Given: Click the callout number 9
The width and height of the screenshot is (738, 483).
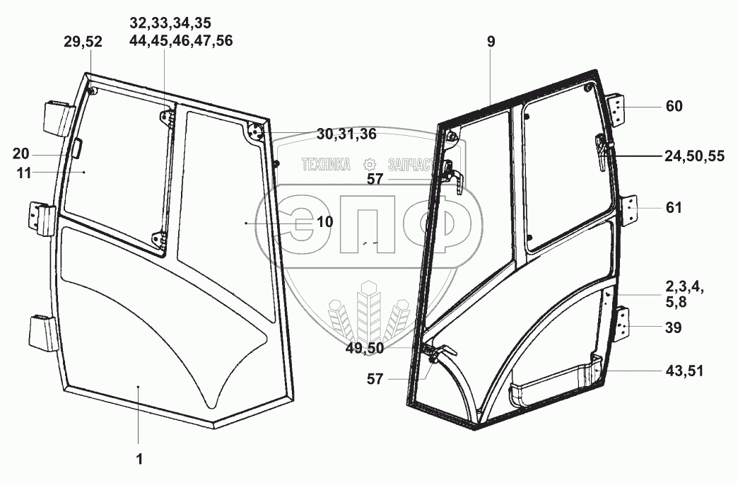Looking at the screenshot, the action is pos(491,42).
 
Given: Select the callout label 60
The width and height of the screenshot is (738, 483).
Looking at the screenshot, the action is pos(674,107).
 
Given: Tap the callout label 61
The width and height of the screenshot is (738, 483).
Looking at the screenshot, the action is pos(674,208).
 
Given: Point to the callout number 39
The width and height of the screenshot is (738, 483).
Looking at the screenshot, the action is pos(674,328).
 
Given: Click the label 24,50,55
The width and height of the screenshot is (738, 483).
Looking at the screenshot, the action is pos(694,157).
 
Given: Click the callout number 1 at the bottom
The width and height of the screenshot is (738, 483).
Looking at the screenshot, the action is pos(139,459).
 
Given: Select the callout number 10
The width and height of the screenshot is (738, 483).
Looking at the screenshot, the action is pos(324,222).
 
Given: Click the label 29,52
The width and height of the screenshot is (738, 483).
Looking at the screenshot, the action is pos(83,42).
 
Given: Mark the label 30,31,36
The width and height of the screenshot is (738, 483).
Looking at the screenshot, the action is pos(346,134).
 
